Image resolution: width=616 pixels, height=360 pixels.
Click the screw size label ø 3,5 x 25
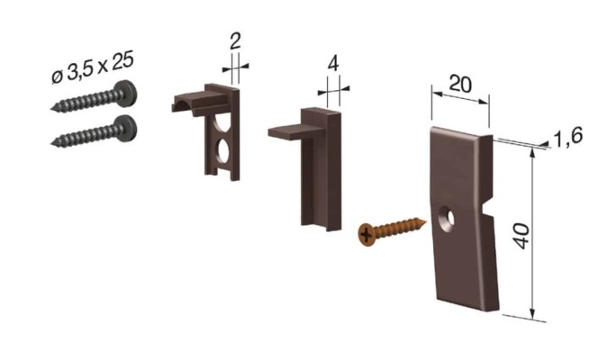pyautogui.click(x=93, y=67)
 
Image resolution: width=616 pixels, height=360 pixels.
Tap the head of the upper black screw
pyautogui.click(x=127, y=94)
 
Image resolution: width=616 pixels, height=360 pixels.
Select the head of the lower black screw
pyautogui.click(x=127, y=129)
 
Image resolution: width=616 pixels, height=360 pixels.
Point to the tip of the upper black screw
pyautogui.click(x=51, y=109)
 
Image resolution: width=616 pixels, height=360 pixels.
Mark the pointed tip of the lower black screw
pyautogui.click(x=51, y=144)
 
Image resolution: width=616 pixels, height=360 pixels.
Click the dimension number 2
pyautogui.click(x=235, y=41)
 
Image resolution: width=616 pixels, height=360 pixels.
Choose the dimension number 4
pyautogui.click(x=333, y=64)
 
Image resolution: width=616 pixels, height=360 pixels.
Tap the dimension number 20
pyautogui.click(x=460, y=84)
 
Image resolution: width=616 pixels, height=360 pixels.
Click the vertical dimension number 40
pyautogui.click(x=522, y=236)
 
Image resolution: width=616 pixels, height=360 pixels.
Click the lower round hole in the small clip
pyautogui.click(x=223, y=151)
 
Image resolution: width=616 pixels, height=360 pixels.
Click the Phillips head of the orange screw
pyautogui.click(x=367, y=235)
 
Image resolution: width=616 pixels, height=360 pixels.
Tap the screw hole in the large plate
pyautogui.click(x=447, y=219)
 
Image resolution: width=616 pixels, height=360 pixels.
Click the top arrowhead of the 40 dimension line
pyautogui.click(x=532, y=154)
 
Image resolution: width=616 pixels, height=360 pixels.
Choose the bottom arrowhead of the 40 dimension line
pyautogui.click(x=532, y=313)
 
